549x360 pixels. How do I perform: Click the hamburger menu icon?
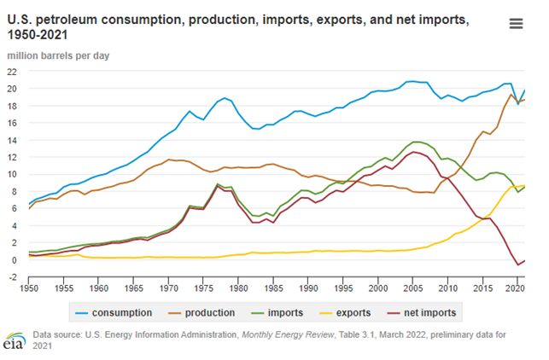tap(516, 24)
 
